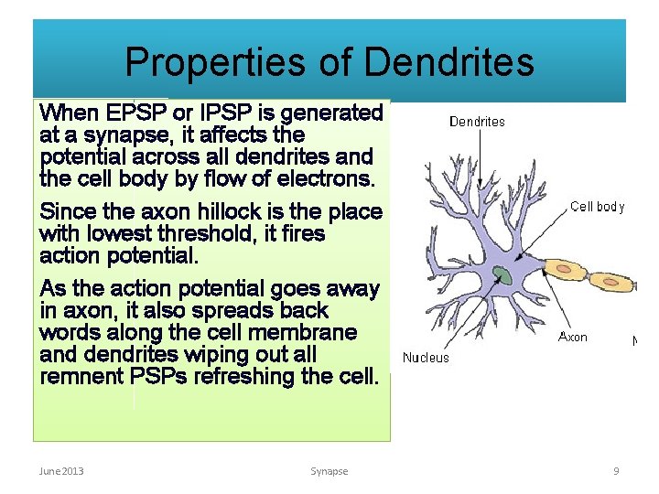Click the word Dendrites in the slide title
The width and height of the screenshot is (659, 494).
tap(448, 63)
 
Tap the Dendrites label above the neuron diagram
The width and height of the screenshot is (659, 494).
tap(476, 121)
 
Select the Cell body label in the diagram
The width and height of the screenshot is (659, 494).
tap(597, 207)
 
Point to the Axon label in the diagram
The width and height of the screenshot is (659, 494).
tap(573, 338)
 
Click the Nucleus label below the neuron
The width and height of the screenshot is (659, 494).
tap(426, 358)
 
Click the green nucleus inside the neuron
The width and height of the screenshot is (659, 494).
tap(502, 275)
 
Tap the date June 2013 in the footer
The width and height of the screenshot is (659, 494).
tap(61, 471)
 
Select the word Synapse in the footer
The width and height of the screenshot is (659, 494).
tap(329, 471)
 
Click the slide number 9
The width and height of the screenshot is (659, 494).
tap(616, 471)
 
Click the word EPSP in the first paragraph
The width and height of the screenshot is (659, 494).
tap(135, 113)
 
